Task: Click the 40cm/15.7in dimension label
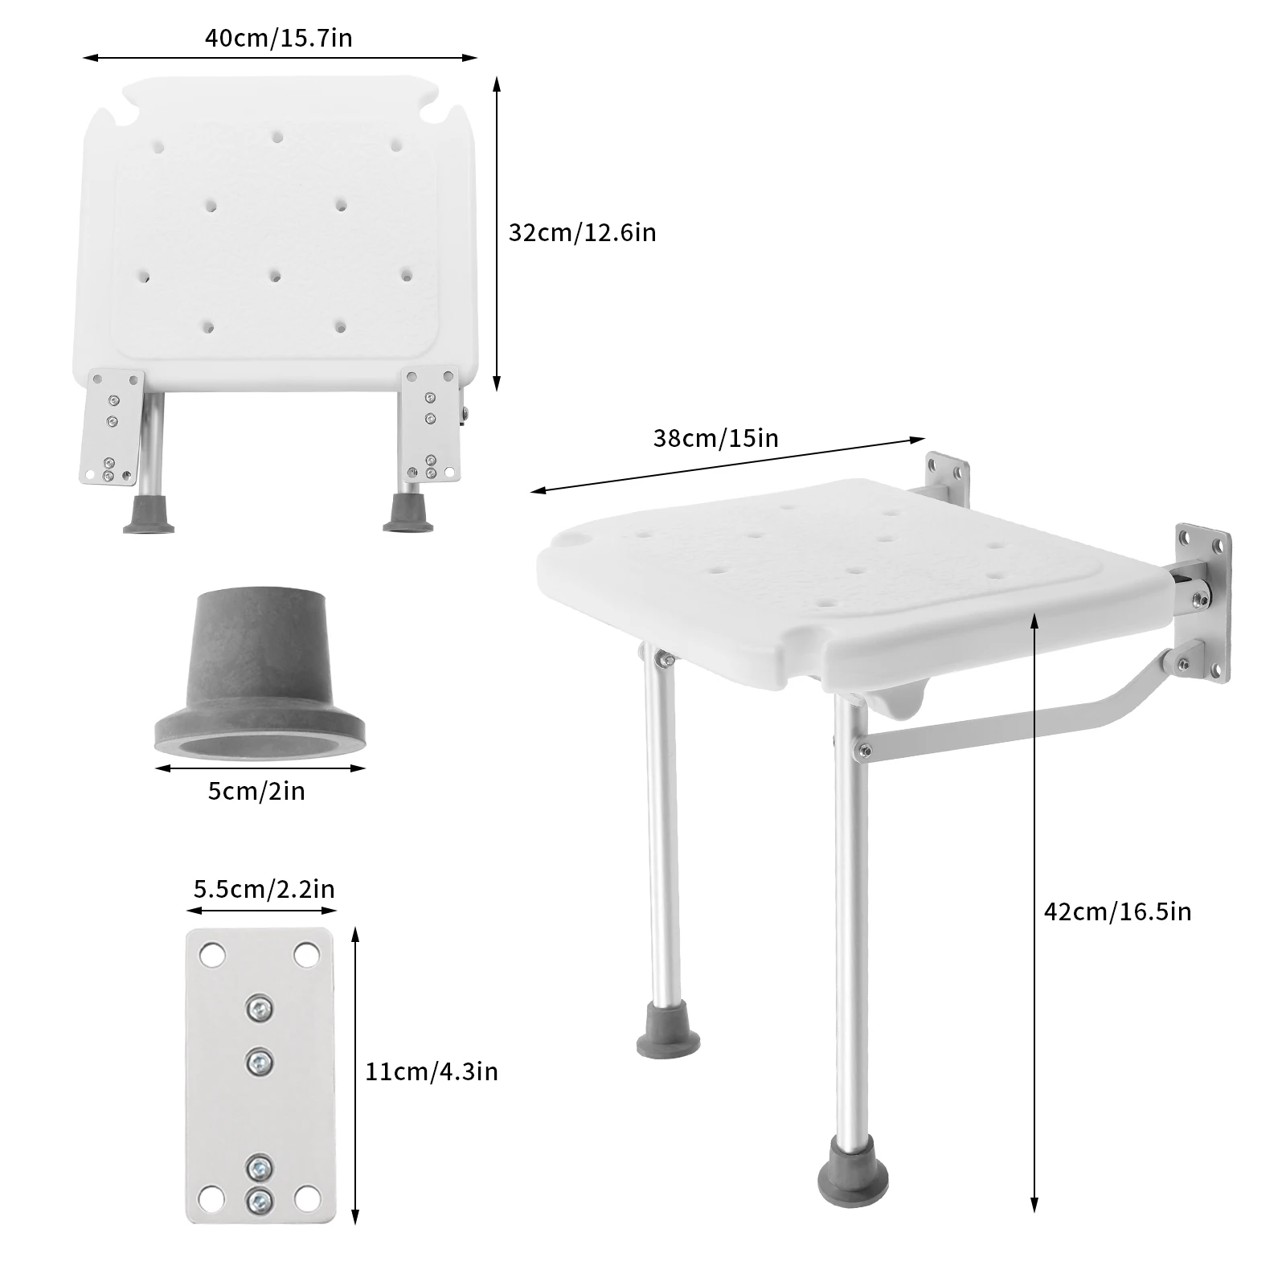click(278, 38)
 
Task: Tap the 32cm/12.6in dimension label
click(582, 232)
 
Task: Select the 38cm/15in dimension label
click(715, 438)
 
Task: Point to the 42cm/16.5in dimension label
click(1117, 911)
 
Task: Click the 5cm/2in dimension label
click(256, 791)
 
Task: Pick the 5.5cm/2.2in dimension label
click(264, 889)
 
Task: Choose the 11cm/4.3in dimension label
click(432, 1071)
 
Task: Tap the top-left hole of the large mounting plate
click(212, 956)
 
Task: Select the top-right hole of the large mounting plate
click(305, 956)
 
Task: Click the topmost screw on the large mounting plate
click(259, 1007)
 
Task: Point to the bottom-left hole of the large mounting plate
click(212, 1199)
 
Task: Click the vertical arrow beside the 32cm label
click(497, 234)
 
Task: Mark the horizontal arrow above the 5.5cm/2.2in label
click(261, 911)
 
